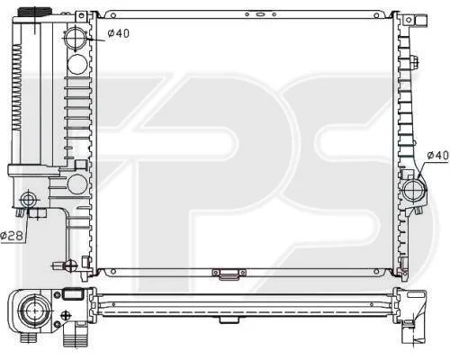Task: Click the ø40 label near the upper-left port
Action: (x=119, y=33)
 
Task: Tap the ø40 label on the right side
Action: (x=437, y=155)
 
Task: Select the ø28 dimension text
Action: (x=12, y=236)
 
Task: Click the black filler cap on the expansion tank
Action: (x=35, y=12)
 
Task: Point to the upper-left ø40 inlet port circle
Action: (x=76, y=38)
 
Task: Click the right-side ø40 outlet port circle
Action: (x=415, y=191)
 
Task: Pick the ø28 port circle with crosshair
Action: (x=29, y=200)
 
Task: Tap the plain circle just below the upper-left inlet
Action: (x=77, y=64)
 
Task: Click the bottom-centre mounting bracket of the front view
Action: (x=229, y=274)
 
